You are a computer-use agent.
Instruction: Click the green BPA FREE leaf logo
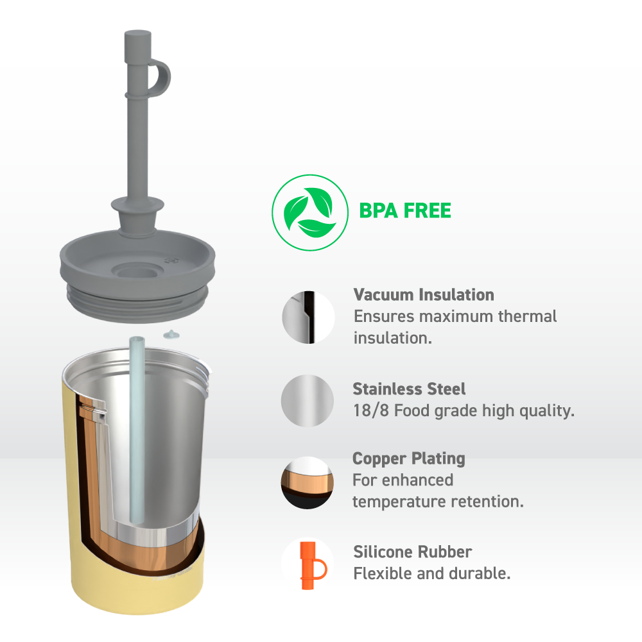pyautogui.click(x=310, y=212)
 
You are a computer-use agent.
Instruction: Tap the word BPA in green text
pyautogui.click(x=378, y=211)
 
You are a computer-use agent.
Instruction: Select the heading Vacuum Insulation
pyautogui.click(x=424, y=295)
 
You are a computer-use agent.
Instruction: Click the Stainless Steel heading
pyautogui.click(x=409, y=389)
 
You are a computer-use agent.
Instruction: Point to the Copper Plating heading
pyautogui.click(x=409, y=459)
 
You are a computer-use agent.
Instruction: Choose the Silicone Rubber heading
pyautogui.click(x=412, y=552)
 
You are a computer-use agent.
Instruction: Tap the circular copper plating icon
pyautogui.click(x=307, y=483)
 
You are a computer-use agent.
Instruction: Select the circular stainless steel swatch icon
pyautogui.click(x=307, y=401)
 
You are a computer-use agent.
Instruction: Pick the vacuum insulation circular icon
pyautogui.click(x=308, y=317)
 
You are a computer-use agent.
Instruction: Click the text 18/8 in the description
pyautogui.click(x=370, y=410)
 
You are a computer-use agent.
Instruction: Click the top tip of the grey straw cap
pyautogui.click(x=138, y=32)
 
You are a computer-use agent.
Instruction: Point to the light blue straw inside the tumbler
pyautogui.click(x=137, y=430)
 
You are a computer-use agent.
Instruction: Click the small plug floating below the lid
pyautogui.click(x=171, y=335)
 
